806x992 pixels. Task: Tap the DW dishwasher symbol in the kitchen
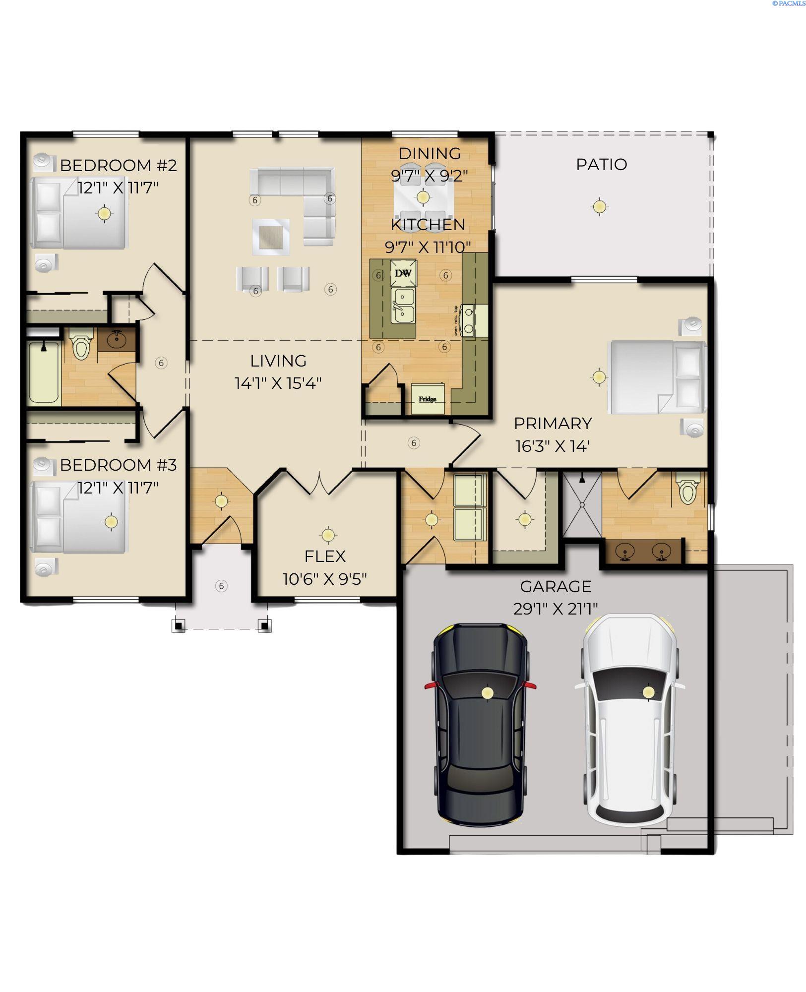[403, 273]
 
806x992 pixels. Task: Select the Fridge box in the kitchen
[428, 399]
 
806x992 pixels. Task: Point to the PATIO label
[601, 164]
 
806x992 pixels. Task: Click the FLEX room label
[325, 556]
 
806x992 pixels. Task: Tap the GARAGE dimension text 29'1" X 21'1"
[555, 609]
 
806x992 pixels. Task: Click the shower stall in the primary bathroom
[582, 505]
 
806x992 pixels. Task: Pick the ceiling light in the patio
[600, 205]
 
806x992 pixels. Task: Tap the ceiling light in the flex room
[327, 535]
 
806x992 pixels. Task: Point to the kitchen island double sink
[403, 306]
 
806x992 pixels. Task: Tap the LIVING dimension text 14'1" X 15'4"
[278, 383]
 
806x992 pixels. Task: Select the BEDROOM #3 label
[118, 465]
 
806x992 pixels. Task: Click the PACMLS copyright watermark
[788, 3]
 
